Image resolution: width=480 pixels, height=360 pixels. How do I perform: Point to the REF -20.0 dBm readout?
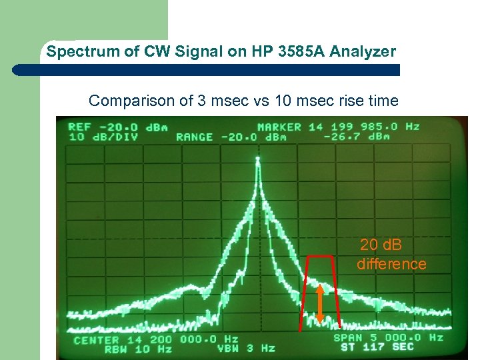(x=117, y=127)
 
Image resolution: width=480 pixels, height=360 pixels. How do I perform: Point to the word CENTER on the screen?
(x=97, y=340)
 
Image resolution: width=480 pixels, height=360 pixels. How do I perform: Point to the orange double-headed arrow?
(x=320, y=305)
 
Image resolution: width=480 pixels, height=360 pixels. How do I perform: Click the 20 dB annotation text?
(x=381, y=245)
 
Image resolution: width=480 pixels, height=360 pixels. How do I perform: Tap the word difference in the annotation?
(x=391, y=264)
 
